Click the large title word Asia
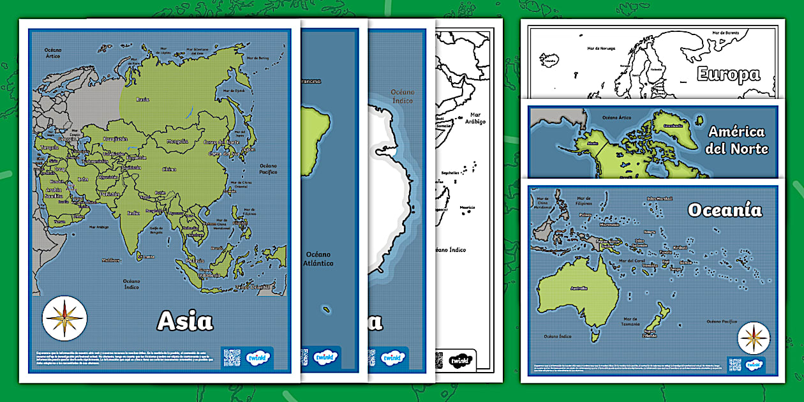coord(185,321)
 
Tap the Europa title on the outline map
coord(728,75)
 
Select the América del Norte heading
coord(737,140)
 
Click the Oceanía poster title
coord(724,210)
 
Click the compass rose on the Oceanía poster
coord(754,338)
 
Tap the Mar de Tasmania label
coord(630,322)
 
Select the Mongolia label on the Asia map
coord(172,141)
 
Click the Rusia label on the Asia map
coord(143,99)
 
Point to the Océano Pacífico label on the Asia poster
coord(268,168)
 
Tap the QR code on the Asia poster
coord(232,358)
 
